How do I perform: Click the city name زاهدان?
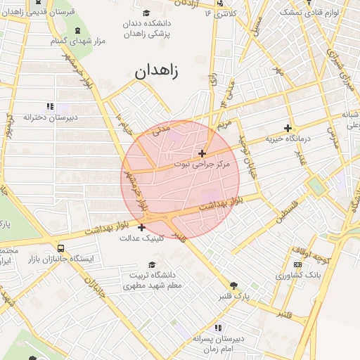(155, 70)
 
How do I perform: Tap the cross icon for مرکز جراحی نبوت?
(202, 153)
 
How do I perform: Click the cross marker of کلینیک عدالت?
(142, 227)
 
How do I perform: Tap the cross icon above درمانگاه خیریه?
(288, 128)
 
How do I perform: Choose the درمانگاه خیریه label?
(288, 139)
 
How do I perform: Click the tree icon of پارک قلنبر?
(234, 285)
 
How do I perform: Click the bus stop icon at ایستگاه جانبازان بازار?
(61, 248)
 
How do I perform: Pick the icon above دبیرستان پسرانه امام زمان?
(217, 328)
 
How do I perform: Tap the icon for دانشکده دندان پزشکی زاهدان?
(146, 13)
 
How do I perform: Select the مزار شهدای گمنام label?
(77, 41)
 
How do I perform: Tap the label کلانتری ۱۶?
(218, 13)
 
